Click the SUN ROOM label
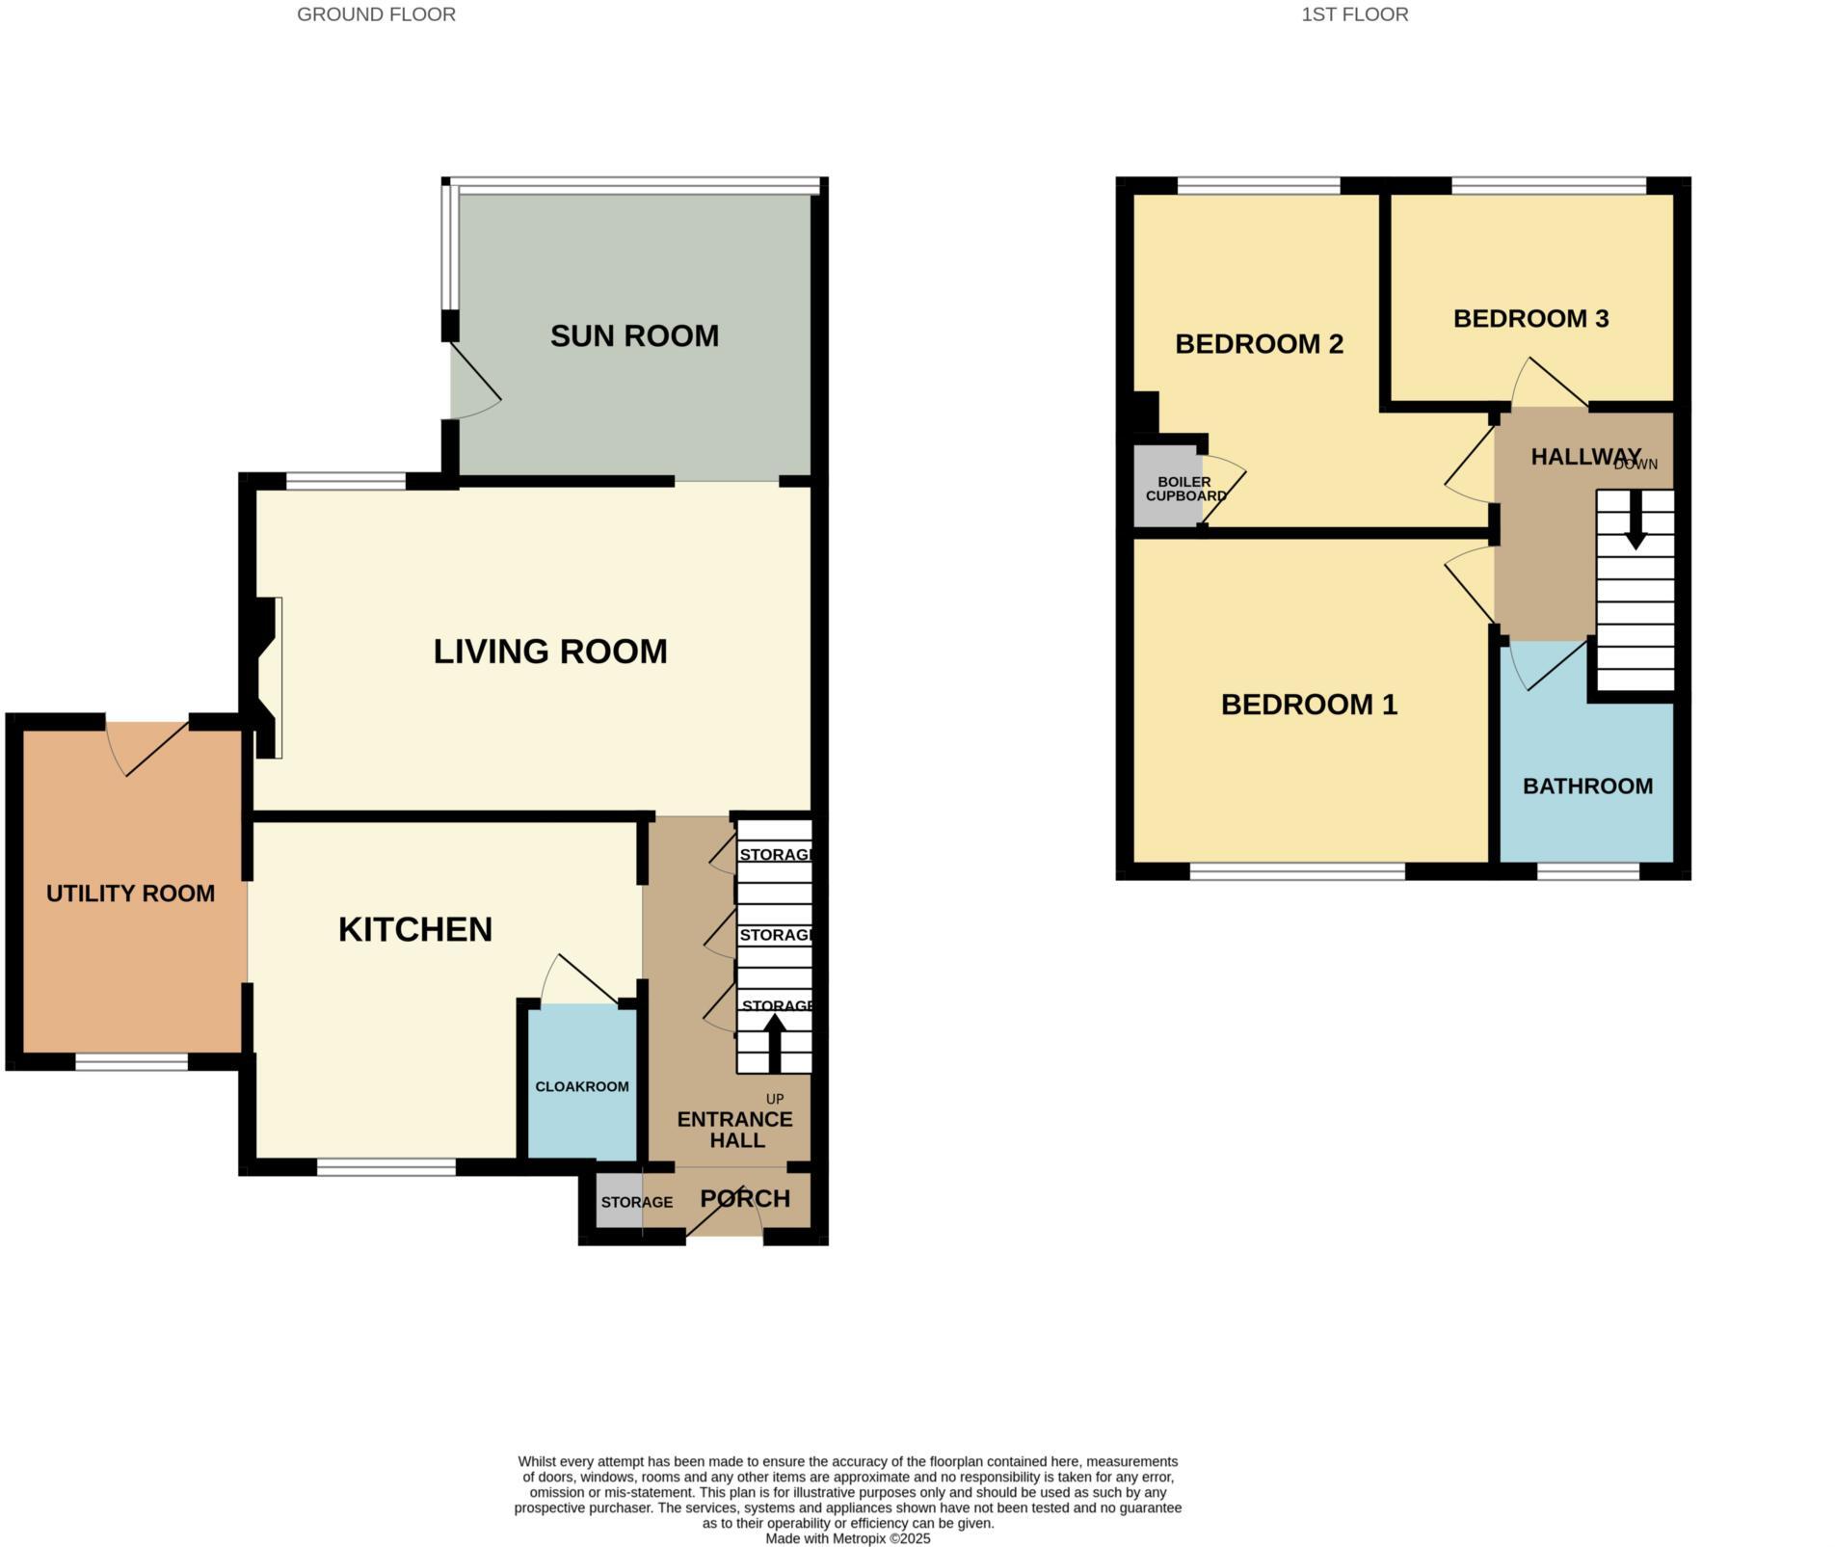(x=634, y=336)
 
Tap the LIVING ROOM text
(x=550, y=652)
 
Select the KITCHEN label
(x=415, y=929)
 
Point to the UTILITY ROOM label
(x=130, y=894)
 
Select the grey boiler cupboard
(x=1164, y=487)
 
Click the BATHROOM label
(x=1587, y=787)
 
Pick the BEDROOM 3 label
(x=1530, y=319)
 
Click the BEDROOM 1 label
(x=1309, y=705)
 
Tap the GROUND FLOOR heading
(x=376, y=14)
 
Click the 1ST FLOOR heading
(x=1354, y=14)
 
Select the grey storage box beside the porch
(x=619, y=1201)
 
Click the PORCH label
(x=745, y=1199)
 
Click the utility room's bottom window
(x=132, y=1062)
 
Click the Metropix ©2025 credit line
(x=847, y=1539)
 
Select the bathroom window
(x=1587, y=871)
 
